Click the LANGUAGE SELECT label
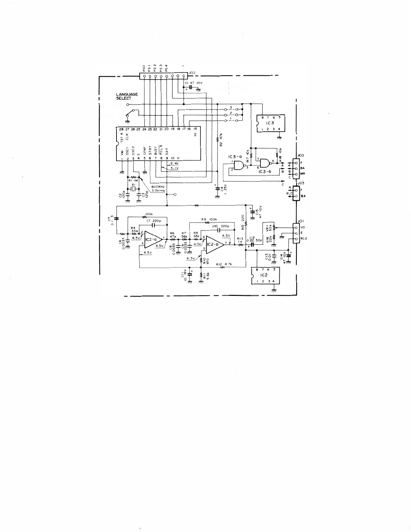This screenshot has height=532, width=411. (x=127, y=96)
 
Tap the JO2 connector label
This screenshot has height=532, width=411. (x=192, y=72)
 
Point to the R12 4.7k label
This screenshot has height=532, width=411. (x=224, y=264)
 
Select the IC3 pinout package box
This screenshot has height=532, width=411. (x=270, y=123)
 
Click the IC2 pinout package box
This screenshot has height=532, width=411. (x=265, y=275)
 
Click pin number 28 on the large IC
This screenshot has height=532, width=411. (x=117, y=129)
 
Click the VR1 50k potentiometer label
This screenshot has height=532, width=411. (x=269, y=228)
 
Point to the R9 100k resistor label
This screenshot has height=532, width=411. (x=210, y=219)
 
